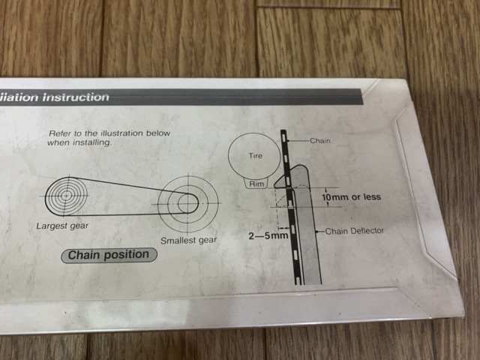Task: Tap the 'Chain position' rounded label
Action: click(109, 255)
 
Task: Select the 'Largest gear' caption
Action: click(62, 226)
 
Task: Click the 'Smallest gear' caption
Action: click(188, 241)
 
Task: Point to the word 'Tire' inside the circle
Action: click(255, 156)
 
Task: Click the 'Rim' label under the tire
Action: click(256, 184)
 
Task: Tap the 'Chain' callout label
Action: click(320, 141)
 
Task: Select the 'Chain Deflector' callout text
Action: click(354, 231)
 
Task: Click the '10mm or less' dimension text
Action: click(351, 196)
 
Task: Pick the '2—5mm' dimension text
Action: click(268, 236)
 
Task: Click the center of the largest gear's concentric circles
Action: click(66, 195)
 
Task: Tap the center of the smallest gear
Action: click(187, 203)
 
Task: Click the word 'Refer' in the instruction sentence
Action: click(59, 133)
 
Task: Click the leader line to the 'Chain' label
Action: click(298, 141)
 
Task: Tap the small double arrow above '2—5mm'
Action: click(283, 228)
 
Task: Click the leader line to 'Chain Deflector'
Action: click(319, 231)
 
